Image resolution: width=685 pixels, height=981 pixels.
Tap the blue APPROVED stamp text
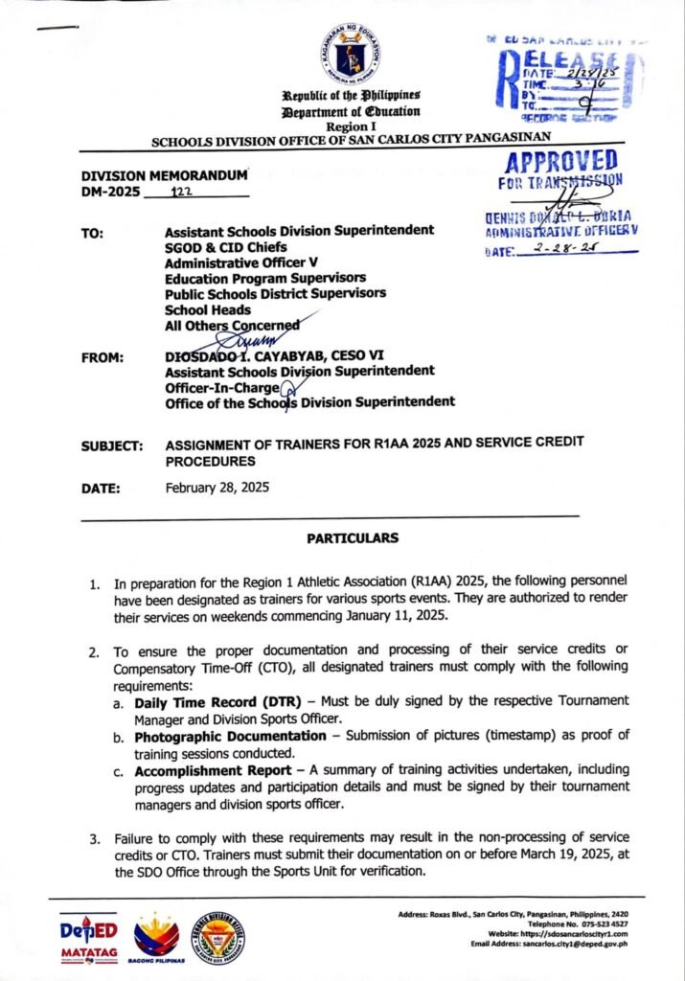point(560,160)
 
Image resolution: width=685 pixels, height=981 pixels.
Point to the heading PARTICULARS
point(352,538)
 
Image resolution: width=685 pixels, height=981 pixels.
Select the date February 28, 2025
point(217,487)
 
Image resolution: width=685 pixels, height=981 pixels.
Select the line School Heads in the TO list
point(208,309)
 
